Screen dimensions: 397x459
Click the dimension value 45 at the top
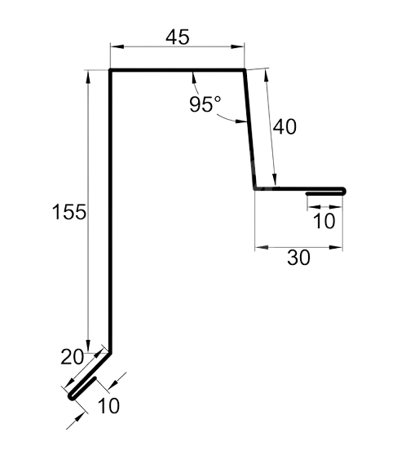[178, 38]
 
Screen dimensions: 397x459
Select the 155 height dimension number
[69, 212]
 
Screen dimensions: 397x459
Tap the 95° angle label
[205, 104]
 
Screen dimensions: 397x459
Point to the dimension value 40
[285, 126]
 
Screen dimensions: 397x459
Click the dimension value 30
[298, 258]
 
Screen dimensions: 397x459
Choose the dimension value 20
[72, 357]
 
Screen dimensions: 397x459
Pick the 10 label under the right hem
[324, 221]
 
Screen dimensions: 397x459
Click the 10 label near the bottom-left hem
[108, 406]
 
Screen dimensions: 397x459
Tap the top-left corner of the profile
[110, 70]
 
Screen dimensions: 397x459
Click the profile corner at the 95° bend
[244, 70]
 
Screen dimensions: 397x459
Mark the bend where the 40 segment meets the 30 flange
[255, 189]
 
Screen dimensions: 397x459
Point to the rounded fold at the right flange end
[344, 191]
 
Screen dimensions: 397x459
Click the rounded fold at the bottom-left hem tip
[72, 397]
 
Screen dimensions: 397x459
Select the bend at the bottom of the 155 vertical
[110, 353]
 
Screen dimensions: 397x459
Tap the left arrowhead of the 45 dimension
[117, 46]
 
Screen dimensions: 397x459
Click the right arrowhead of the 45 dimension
[237, 46]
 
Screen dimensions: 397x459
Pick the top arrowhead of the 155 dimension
[88, 77]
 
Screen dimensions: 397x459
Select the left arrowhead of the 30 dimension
[262, 248]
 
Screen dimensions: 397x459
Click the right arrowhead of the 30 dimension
[336, 248]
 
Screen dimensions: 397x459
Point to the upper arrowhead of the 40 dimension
[266, 75]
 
